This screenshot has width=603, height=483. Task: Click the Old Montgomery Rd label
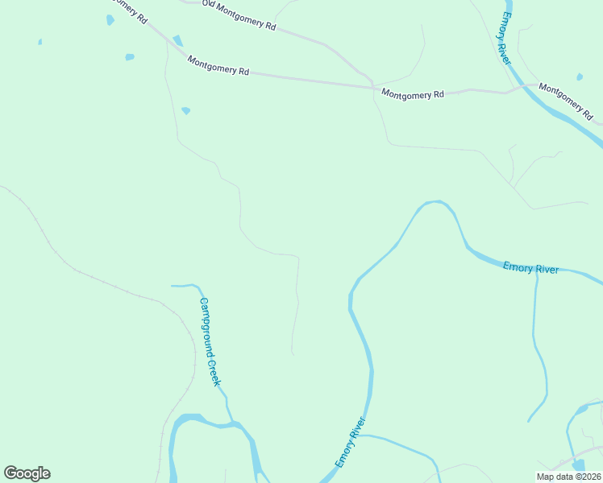239,16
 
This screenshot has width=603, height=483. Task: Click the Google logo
27,473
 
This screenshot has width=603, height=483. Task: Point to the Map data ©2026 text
568,477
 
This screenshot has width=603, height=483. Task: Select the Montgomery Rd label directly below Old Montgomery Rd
218,65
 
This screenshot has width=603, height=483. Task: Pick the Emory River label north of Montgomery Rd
506,38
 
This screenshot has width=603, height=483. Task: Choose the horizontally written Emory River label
530,268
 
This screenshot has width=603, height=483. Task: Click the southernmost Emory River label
351,444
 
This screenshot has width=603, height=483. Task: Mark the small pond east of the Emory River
580,77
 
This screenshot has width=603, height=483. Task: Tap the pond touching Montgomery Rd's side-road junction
177,40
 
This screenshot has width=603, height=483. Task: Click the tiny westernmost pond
40,42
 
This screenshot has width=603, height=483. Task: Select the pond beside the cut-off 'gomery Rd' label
110,20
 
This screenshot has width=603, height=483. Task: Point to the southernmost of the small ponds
186,110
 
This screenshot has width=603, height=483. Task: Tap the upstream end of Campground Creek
173,285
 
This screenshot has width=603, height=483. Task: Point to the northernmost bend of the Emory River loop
435,202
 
